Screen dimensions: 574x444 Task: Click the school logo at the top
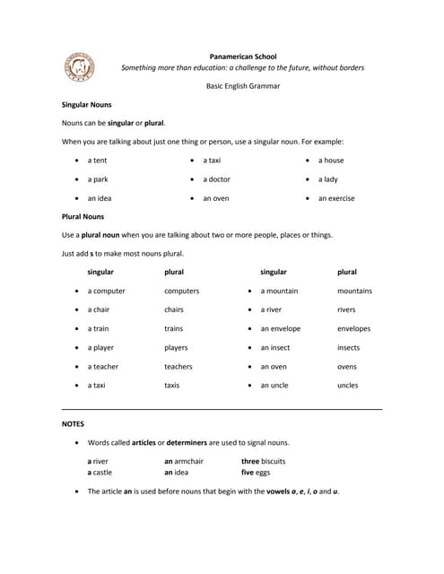[78, 67]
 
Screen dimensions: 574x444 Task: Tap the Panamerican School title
[243, 55]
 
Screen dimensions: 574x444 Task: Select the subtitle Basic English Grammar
[243, 86]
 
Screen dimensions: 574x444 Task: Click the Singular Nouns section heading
[86, 104]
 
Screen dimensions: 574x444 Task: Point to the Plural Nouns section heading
[83, 216]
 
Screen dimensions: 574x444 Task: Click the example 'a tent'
[97, 160]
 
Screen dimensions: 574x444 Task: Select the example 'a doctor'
[216, 178]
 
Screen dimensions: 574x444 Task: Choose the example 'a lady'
[327, 178]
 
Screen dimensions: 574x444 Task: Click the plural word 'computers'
[181, 291]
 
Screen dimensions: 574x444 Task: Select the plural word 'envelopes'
[353, 328]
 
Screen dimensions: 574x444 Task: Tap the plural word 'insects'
[349, 347]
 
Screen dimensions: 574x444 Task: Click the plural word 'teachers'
[178, 366]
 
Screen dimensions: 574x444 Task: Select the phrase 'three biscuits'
[263, 461]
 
